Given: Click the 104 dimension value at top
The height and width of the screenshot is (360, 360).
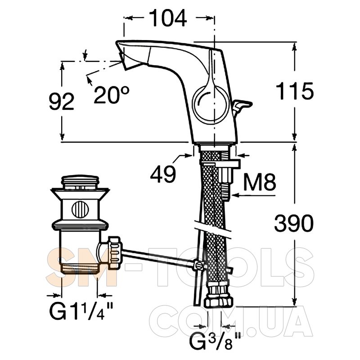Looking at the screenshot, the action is tap(167, 18).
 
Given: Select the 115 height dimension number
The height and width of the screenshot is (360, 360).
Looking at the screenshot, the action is tap(295, 91).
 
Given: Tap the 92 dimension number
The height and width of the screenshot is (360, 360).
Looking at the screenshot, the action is tap(62, 101).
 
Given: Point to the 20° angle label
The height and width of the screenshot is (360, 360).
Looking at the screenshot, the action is tap(112, 95).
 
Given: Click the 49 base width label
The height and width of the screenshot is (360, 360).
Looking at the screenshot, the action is tap(163, 174).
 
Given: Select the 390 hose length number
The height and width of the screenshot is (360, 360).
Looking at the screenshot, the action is tap(294, 223).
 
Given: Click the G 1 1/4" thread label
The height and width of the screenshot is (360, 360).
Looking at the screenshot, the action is tap(81, 310).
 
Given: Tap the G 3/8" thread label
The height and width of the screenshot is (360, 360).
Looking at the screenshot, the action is tap(215, 341).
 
